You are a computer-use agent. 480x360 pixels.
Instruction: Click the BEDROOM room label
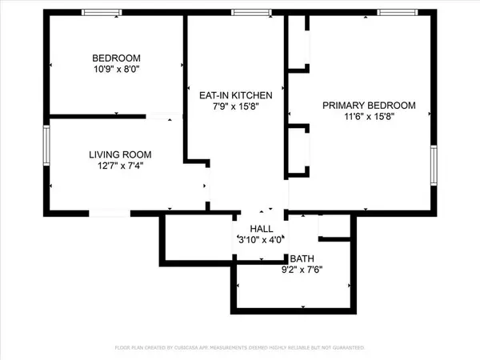[116, 58]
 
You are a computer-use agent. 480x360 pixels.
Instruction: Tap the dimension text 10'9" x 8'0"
[117, 69]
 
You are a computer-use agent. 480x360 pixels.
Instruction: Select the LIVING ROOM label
[120, 154]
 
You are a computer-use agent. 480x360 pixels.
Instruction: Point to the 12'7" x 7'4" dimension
[120, 166]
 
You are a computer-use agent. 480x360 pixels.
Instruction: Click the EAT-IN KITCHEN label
[236, 95]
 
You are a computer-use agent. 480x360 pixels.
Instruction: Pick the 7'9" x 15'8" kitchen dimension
[236, 106]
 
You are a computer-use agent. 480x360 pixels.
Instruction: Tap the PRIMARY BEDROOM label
[369, 106]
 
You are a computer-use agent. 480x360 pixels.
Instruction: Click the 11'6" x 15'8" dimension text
[369, 116]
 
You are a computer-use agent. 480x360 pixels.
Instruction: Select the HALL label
[262, 229]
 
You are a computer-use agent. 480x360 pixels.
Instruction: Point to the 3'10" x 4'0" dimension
[261, 240]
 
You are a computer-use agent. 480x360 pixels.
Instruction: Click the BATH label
[302, 258]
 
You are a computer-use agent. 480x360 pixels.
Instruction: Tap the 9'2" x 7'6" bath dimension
[302, 270]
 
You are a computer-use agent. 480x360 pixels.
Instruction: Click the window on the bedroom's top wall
[102, 12]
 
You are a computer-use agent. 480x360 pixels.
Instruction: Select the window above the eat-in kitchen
[251, 12]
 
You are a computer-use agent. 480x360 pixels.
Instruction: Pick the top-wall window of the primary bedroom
[398, 12]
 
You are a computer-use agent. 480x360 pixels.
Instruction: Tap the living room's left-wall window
[46, 146]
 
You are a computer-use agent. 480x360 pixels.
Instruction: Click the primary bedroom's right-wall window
[434, 166]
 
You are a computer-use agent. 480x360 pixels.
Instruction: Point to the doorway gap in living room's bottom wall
[110, 213]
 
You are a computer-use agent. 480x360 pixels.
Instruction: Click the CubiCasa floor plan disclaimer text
[240, 347]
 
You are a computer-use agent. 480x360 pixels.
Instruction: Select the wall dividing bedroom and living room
[98, 116]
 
